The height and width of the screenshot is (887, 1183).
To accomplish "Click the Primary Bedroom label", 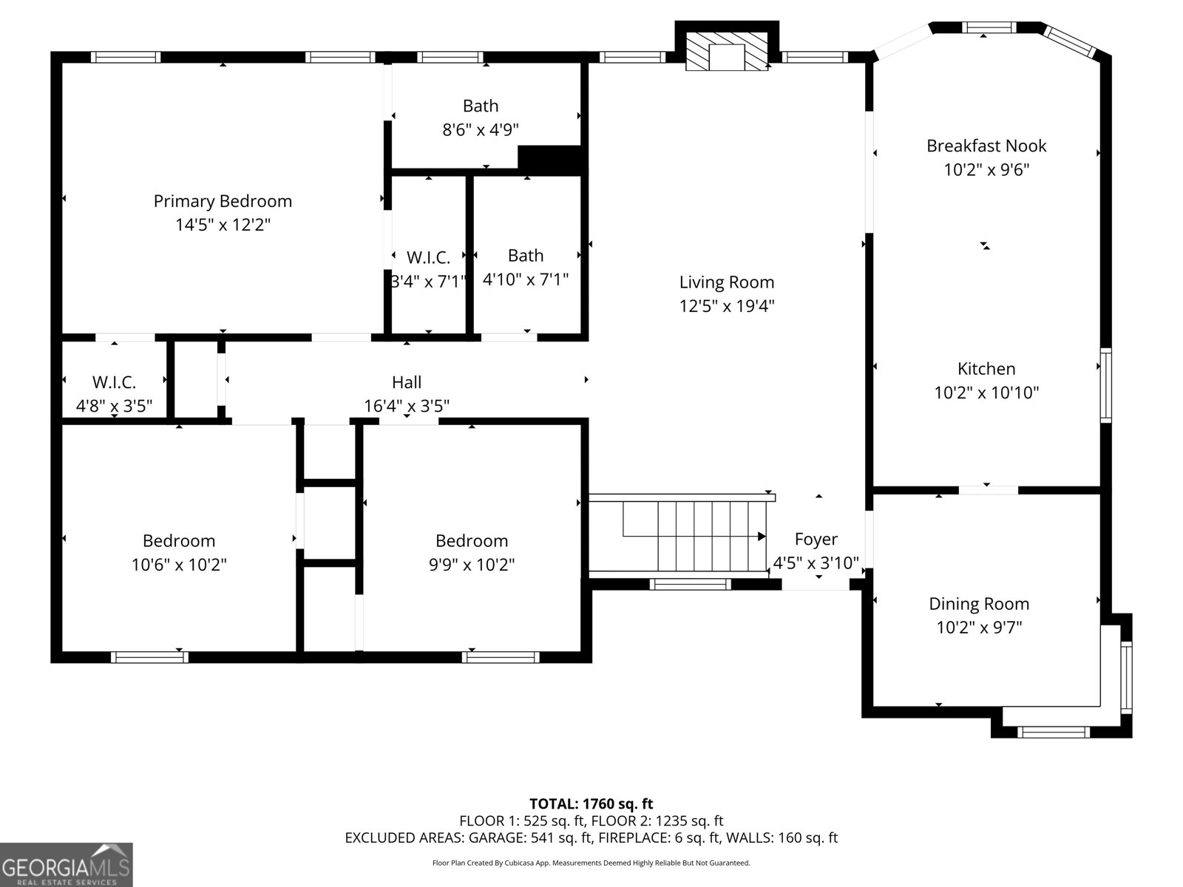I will pyautogui.click(x=223, y=201).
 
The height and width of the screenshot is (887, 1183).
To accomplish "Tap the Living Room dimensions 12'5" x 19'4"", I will pyautogui.click(x=727, y=306).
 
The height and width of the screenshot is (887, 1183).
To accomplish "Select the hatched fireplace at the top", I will pyautogui.click(x=727, y=52).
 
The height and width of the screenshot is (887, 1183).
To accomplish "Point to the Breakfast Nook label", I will pyautogui.click(x=986, y=146).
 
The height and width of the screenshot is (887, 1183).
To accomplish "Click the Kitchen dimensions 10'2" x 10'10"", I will pyautogui.click(x=986, y=392).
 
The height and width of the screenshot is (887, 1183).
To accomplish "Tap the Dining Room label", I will pyautogui.click(x=979, y=604).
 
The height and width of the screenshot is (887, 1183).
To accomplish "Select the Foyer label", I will pyautogui.click(x=816, y=539).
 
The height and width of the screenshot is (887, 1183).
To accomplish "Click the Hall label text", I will pyautogui.click(x=407, y=382).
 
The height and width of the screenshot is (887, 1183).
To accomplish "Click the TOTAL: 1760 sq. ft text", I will pyautogui.click(x=591, y=803).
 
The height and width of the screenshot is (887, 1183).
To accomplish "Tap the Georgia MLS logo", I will pyautogui.click(x=67, y=865).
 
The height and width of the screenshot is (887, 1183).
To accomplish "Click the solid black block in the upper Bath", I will pyautogui.click(x=550, y=159).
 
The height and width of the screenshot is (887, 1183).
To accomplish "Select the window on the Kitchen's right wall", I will pyautogui.click(x=1105, y=385).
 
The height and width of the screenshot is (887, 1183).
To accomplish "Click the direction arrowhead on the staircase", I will pyautogui.click(x=762, y=536).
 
